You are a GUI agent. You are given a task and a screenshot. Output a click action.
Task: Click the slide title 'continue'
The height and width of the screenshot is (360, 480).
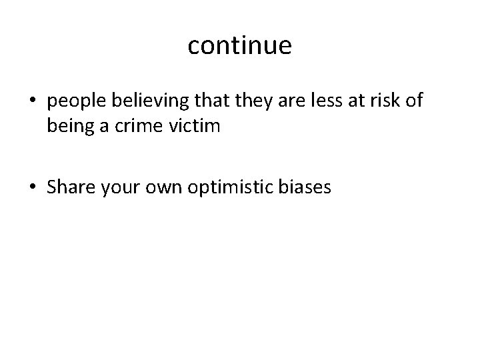[239, 45]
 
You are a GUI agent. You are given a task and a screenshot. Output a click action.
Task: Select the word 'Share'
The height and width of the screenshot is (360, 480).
[70, 189]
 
